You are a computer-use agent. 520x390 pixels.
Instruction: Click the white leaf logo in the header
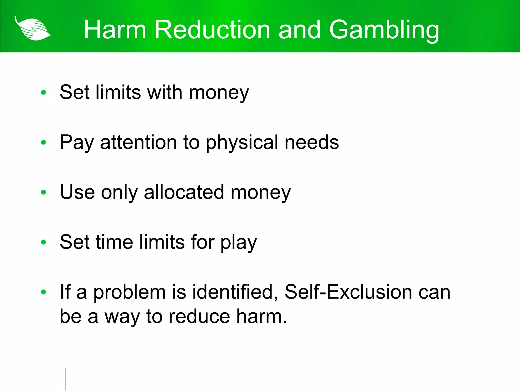click(x=32, y=28)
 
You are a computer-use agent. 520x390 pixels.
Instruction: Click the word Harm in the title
click(x=115, y=30)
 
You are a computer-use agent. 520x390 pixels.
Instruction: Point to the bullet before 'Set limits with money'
click(x=43, y=92)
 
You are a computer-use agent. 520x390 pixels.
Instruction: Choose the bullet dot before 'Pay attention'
click(x=43, y=142)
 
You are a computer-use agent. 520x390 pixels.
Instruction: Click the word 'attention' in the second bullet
click(x=138, y=142)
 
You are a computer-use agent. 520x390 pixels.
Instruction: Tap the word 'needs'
click(x=312, y=142)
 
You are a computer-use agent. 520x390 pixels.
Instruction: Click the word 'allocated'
click(x=184, y=192)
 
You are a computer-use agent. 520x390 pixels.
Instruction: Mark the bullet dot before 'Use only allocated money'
click(x=43, y=192)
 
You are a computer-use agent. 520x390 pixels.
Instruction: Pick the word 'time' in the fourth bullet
click(x=114, y=242)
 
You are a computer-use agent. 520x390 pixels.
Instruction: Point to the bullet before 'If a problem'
click(x=43, y=292)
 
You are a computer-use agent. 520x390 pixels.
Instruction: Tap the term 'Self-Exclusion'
click(x=348, y=292)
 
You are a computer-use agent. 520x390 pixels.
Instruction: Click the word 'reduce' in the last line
click(x=199, y=317)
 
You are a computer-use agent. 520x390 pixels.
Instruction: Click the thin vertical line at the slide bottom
click(x=65, y=379)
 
